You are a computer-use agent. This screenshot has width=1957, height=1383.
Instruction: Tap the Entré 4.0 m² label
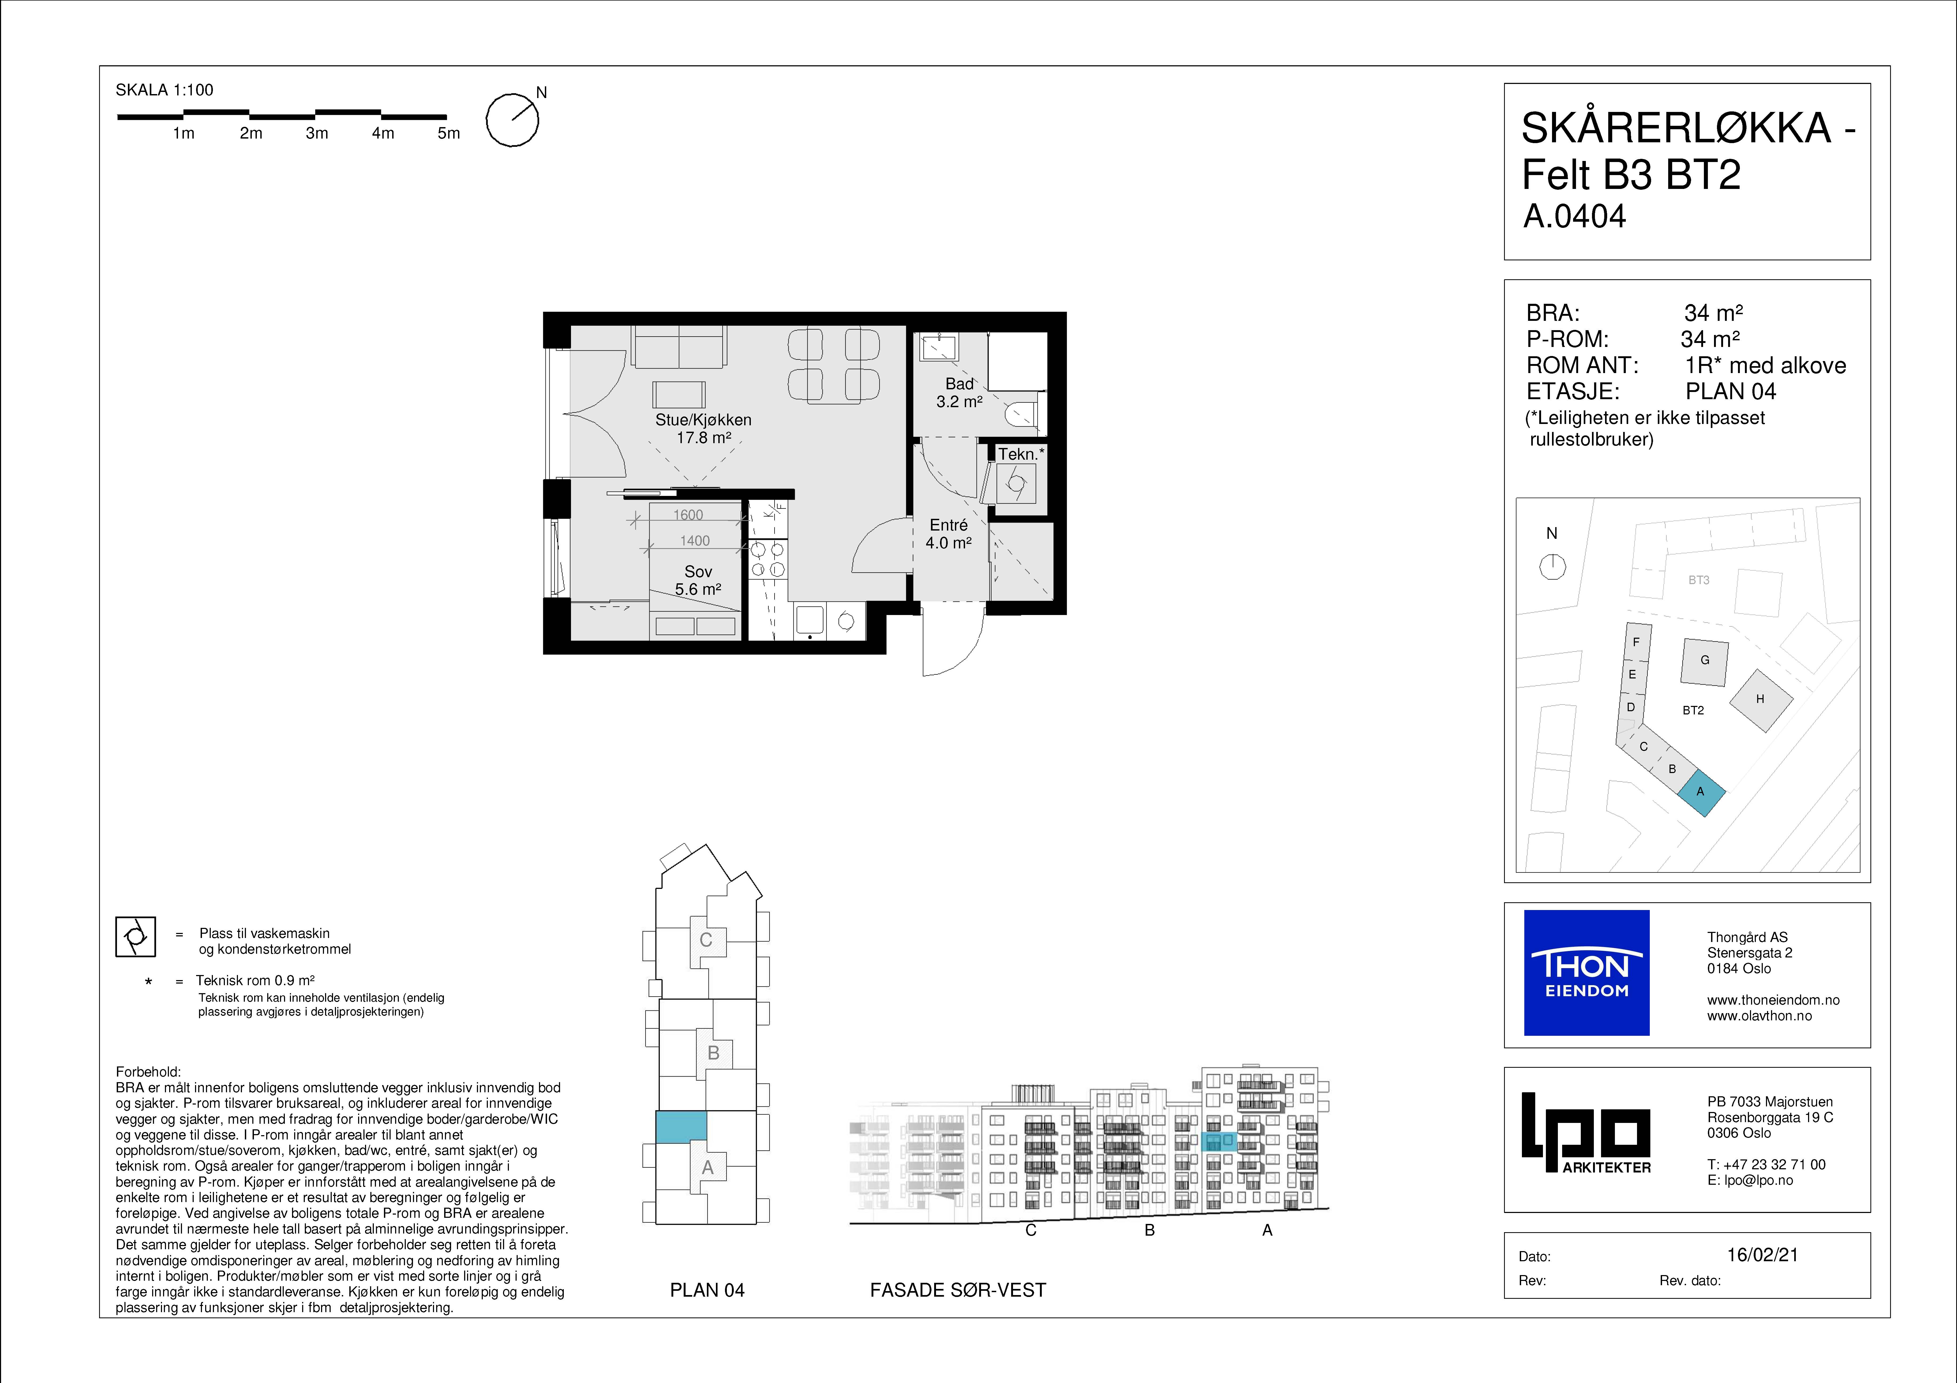(949, 534)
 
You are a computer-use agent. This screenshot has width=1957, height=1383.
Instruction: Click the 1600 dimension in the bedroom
(688, 515)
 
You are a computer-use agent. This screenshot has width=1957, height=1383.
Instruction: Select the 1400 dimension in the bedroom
(695, 541)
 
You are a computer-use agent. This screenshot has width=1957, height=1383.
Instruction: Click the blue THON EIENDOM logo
(1586, 973)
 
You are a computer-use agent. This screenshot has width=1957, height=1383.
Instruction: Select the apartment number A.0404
(1574, 217)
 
